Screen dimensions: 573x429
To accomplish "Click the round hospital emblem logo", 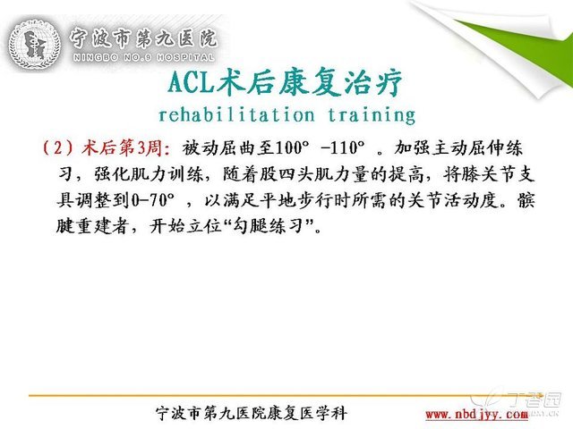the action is point(34,45).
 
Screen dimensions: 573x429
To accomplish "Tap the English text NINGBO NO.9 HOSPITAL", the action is point(143,57).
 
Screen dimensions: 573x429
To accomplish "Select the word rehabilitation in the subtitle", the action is point(236,114).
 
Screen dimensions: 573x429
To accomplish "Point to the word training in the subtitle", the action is point(372,115).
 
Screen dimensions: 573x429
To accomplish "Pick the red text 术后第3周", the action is point(121,147).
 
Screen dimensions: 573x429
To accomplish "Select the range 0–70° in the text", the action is point(152,200).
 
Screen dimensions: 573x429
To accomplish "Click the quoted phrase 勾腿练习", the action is point(269,226).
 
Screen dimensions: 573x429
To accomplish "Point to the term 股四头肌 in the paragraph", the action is point(295,174).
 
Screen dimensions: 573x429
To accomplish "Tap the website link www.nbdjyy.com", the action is point(477,415).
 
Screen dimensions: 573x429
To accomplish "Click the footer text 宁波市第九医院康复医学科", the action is point(251,413).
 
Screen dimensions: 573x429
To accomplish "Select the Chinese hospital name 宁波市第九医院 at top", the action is point(143,38).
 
